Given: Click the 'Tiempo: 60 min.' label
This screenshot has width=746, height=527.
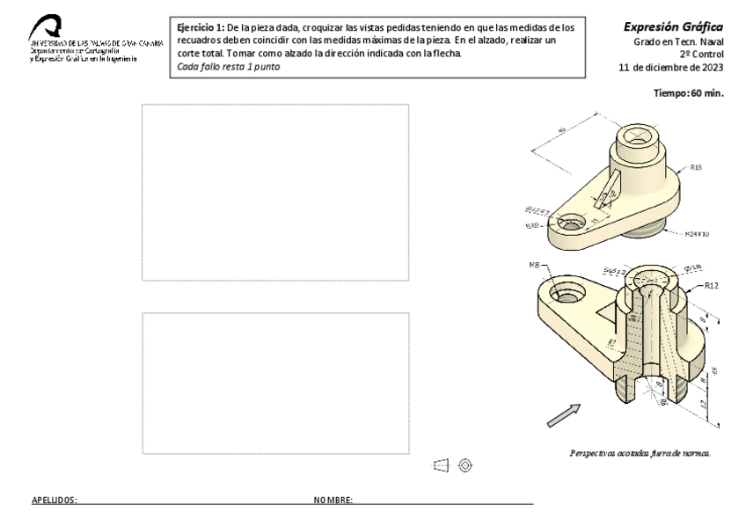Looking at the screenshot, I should tap(690, 93).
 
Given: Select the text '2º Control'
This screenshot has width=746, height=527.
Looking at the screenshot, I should tap(700, 55).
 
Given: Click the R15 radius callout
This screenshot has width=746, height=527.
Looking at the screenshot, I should tap(696, 166).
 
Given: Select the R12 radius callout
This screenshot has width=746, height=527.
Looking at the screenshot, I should tap(712, 286).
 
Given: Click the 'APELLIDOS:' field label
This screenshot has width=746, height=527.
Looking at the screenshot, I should tap(55, 500).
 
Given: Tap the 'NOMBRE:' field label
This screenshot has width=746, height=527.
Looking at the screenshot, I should tap(333, 500).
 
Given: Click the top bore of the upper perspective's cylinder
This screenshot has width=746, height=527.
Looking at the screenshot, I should tap(637, 135).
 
